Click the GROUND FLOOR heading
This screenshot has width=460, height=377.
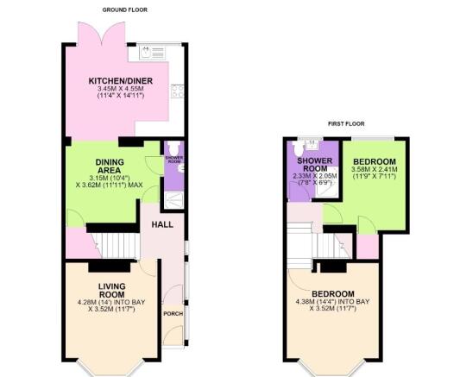tap(124, 10)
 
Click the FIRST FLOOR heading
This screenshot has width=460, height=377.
tap(346, 124)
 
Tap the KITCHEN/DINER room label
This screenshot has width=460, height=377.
tap(121, 81)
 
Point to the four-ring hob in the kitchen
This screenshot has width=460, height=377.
tap(178, 91)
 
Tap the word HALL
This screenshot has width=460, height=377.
tap(162, 224)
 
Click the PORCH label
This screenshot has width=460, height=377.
tap(173, 314)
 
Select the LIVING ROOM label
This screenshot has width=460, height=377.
tap(112, 290)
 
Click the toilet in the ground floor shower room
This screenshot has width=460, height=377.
tap(173, 148)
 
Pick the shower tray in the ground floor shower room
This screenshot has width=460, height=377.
tap(174, 200)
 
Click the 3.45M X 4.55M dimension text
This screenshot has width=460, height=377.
tap(121, 89)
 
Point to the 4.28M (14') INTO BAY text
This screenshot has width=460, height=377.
tap(111, 302)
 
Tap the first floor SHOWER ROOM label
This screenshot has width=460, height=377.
tap(315, 165)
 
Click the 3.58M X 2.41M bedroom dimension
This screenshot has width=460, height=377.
tap(375, 169)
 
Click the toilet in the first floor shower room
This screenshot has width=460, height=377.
tap(299, 148)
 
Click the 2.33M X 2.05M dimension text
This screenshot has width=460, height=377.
tap(315, 177)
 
